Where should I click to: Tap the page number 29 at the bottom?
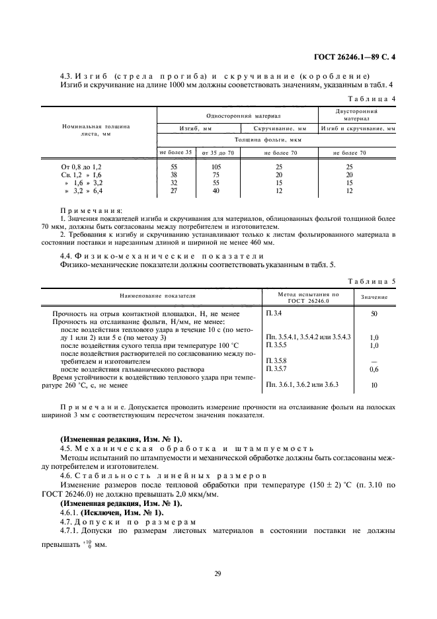click(x=218, y=573)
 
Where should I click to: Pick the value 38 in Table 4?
click(x=174, y=175)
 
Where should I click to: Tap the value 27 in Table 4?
click(x=174, y=190)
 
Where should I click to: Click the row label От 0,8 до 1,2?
click(x=82, y=168)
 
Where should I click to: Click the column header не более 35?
click(x=175, y=153)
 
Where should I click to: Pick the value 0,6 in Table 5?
click(x=374, y=369)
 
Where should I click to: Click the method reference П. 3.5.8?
click(x=274, y=361)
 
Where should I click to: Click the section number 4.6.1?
click(x=70, y=512)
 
